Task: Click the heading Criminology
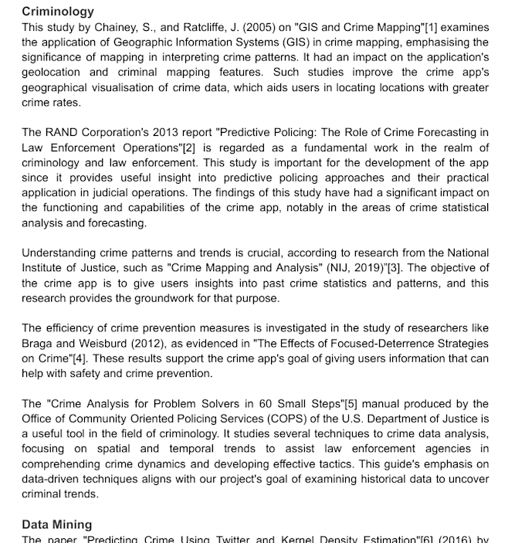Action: point(58,12)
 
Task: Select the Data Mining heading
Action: point(56,524)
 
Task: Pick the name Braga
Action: point(37,344)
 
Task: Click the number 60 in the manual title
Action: point(233,404)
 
